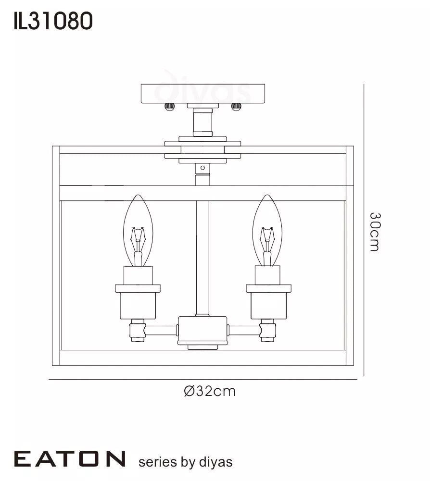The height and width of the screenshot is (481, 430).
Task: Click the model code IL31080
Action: (53, 22)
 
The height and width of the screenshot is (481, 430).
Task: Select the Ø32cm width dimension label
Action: (210, 391)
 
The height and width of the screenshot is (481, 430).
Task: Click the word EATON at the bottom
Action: (70, 459)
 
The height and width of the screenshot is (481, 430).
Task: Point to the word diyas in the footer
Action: (215, 462)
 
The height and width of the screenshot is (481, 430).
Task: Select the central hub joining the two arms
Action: (202, 330)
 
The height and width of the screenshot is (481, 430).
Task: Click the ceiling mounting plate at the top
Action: (202, 93)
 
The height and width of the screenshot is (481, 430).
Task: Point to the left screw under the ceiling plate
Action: (169, 107)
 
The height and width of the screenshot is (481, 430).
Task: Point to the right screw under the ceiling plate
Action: (236, 107)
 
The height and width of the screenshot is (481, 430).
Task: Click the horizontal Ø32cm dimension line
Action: (202, 380)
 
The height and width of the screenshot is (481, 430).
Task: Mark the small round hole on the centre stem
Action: (202, 168)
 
